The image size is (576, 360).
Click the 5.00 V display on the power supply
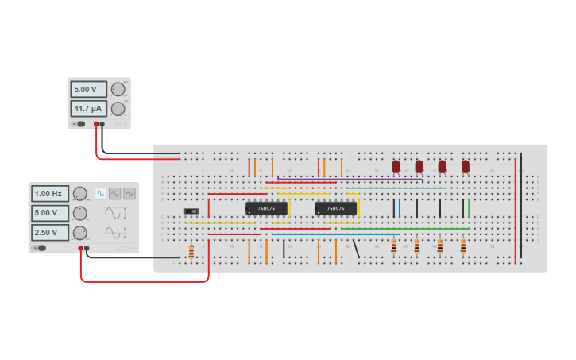[88, 89]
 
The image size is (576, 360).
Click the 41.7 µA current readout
[88, 108]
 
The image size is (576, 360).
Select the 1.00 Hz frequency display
[49, 193]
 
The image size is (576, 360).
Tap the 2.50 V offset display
[49, 232]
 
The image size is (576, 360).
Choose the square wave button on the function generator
[101, 193]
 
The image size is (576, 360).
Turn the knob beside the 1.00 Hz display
[80, 193]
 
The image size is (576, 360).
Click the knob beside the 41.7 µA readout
[118, 108]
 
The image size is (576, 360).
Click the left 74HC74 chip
[266, 208]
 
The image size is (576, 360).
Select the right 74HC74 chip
[336, 208]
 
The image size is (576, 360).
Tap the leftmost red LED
[396, 166]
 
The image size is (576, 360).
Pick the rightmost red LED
[466, 166]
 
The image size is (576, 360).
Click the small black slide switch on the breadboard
[191, 211]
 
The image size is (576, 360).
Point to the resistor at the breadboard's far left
[191, 250]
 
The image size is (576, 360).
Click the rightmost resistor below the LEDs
[463, 246]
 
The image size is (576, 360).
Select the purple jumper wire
[350, 180]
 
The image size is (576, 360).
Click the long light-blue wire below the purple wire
[397, 188]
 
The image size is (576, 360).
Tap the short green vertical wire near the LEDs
[469, 207]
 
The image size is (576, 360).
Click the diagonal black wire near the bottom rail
[356, 248]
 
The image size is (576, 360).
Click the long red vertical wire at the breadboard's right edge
[515, 211]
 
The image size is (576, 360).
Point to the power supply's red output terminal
[96, 124]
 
